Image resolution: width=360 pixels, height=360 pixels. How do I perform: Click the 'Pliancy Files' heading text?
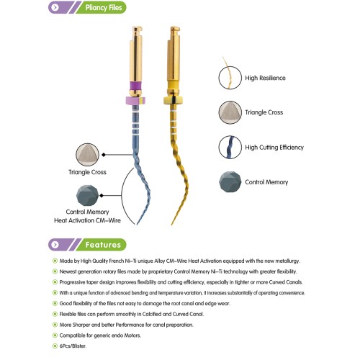(104, 8)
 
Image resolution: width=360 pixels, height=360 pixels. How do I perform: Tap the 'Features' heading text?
(103, 245)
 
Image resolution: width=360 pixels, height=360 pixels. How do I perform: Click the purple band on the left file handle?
(135, 86)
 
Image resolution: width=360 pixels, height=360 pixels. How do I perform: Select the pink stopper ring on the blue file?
(135, 101)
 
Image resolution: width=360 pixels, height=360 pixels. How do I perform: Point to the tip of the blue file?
(137, 225)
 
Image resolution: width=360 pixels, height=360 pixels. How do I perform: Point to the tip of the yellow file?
(172, 225)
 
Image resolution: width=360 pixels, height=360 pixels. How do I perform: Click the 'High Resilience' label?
(265, 78)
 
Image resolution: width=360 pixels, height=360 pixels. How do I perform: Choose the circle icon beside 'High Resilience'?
(230, 78)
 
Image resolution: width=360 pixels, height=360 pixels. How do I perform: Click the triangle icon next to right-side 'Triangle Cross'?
(230, 112)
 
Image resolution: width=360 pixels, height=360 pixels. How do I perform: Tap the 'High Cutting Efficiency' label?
(274, 148)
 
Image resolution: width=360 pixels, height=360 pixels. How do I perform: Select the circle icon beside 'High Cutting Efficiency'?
(230, 147)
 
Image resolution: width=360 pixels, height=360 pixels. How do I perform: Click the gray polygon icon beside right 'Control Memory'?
(230, 181)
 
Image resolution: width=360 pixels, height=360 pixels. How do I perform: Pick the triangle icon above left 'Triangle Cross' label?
(87, 155)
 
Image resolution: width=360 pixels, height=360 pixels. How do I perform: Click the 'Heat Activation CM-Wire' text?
(87, 220)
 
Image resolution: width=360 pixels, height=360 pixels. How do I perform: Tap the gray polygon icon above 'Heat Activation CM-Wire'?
(87, 195)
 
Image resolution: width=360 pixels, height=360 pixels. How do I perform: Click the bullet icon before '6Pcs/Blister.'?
(55, 346)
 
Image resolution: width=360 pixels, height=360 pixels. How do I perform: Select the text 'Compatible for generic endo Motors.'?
(100, 336)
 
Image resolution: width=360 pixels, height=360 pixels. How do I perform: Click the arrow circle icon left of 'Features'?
(55, 245)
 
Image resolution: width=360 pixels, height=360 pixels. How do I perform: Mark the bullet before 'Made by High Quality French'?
(55, 261)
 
